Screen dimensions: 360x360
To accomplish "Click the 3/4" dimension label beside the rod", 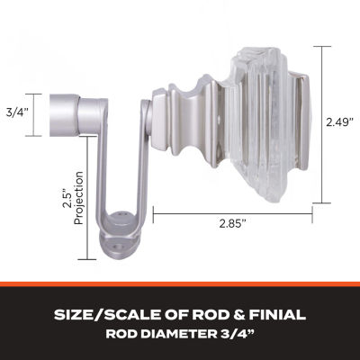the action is (17, 113).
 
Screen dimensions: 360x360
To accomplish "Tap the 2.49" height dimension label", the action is (340, 122).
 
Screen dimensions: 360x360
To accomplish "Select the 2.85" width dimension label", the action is (232, 223).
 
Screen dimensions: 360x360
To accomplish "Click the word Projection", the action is (78, 198).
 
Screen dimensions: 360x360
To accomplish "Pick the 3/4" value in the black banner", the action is (235, 334).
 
